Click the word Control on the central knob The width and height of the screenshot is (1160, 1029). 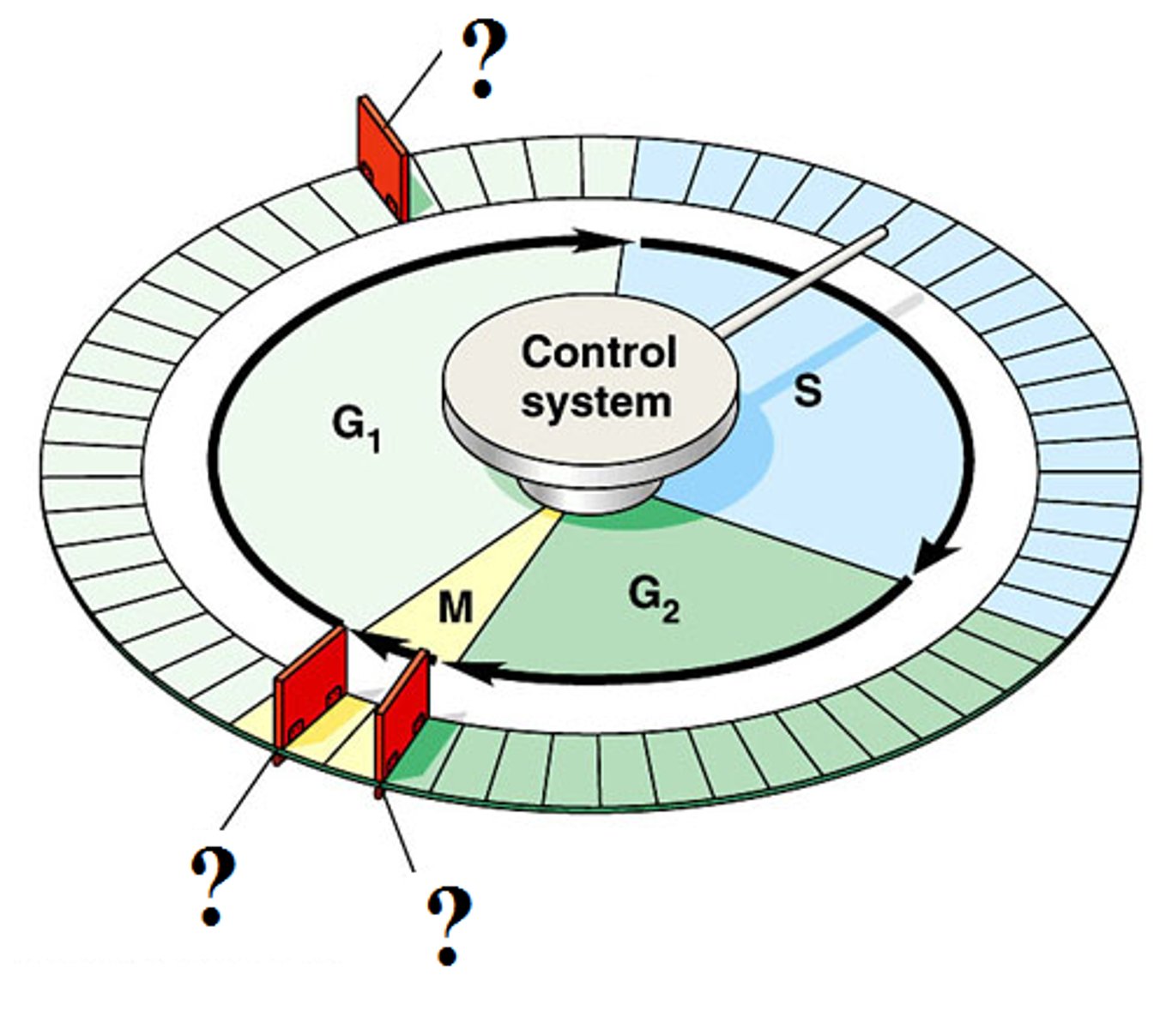[x=598, y=352]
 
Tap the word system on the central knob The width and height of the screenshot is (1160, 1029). [x=596, y=401]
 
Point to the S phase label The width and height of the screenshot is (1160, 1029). [x=807, y=390]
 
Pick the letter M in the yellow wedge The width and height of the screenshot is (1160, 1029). [x=455, y=608]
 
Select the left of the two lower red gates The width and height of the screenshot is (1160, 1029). [x=311, y=690]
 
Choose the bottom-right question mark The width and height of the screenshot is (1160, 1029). [x=449, y=924]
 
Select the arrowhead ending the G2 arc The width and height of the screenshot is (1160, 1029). [x=477, y=674]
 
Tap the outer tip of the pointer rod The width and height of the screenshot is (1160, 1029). [x=881, y=232]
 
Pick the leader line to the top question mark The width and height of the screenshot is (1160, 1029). [x=414, y=90]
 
